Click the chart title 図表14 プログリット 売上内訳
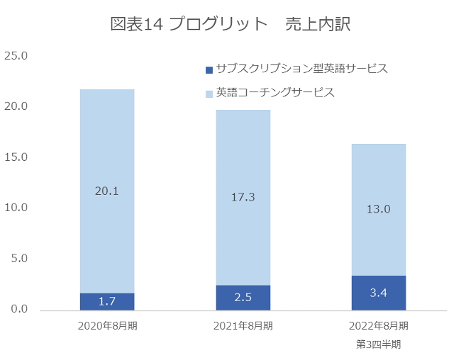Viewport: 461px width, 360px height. tap(231, 24)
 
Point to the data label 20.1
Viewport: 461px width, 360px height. tap(107, 190)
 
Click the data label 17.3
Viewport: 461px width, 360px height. tap(243, 197)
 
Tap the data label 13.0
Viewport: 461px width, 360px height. tap(379, 208)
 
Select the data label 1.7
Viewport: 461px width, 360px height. tap(107, 302)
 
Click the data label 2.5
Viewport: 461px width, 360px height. tap(243, 298)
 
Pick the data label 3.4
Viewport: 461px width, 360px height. tap(379, 293)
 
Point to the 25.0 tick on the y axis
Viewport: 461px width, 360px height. tap(16, 55)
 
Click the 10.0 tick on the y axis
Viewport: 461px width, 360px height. tap(16, 208)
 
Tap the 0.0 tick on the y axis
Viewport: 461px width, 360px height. tap(18, 310)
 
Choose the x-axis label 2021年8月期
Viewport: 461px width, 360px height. tap(243, 326)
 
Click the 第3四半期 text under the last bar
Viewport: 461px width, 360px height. tap(379, 344)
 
